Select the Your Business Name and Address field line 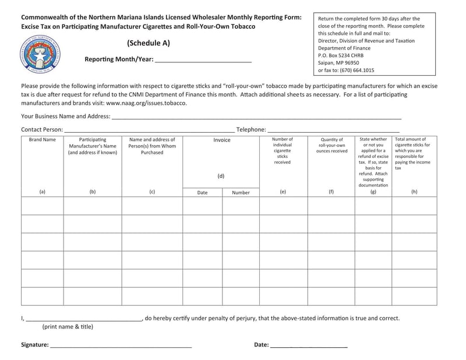pos(256,117)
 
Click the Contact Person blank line pos(149,130)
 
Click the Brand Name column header pos(42,140)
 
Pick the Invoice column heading pos(221,140)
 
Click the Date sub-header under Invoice pos(202,192)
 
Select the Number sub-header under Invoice pos(241,192)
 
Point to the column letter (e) pos(283,191)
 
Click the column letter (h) pos(414,191)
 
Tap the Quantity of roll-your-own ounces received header pos(331,145)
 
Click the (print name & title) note pos(67,327)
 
